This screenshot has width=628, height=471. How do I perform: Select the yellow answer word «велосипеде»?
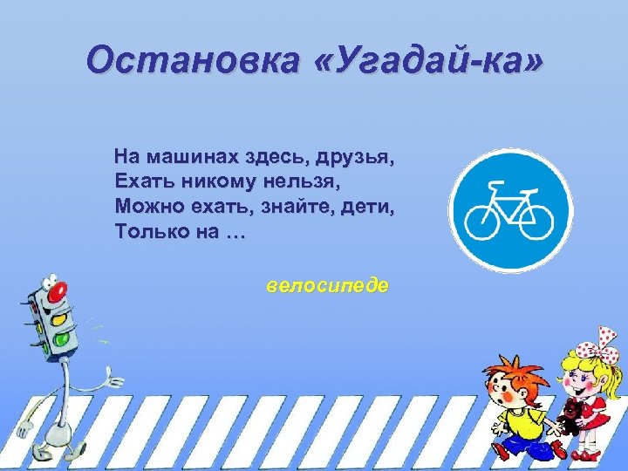coord(328,286)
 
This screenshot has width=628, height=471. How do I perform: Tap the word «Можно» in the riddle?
coord(144,208)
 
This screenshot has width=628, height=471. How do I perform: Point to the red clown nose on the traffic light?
coord(58,294)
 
